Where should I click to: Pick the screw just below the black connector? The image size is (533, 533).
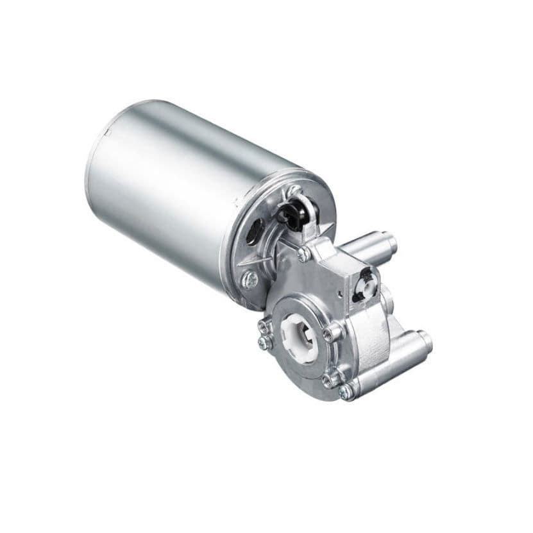click(303, 255)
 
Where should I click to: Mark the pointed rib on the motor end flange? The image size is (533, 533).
click(244, 264)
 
